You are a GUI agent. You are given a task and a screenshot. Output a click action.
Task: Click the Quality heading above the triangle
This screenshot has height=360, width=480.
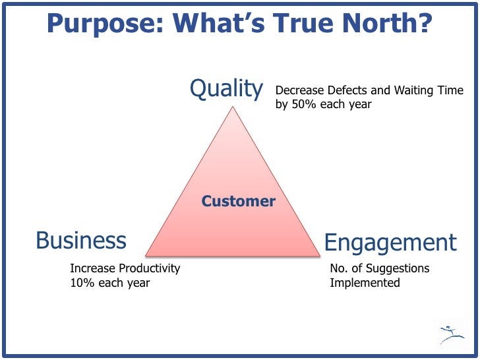[x=226, y=89]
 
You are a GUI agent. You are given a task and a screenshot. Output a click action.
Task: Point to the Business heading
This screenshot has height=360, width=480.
[x=81, y=241]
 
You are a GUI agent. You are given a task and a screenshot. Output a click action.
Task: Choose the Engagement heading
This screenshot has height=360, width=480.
[x=390, y=243]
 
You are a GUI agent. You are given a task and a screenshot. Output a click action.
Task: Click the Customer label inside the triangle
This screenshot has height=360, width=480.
[x=238, y=201]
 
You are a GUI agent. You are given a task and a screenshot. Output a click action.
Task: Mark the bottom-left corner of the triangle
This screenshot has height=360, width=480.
[x=146, y=255]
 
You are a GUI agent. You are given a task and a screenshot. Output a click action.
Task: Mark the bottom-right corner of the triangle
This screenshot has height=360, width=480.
[x=320, y=255]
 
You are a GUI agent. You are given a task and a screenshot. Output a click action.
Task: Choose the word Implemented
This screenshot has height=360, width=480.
[x=365, y=283]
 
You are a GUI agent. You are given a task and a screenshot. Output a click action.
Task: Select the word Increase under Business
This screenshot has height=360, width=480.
[x=93, y=268]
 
